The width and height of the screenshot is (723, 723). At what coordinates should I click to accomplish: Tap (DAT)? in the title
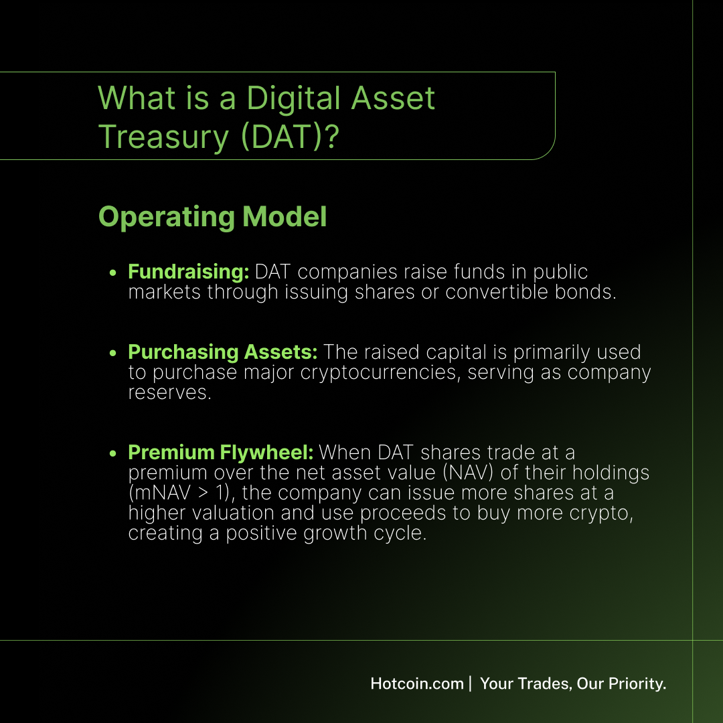click(290, 137)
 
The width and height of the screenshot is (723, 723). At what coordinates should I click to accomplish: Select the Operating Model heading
click(213, 217)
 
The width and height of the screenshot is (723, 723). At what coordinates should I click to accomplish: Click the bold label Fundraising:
click(189, 272)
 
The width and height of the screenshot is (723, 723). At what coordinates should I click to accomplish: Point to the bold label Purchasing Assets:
click(223, 352)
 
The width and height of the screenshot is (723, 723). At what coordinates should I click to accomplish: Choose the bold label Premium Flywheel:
click(221, 453)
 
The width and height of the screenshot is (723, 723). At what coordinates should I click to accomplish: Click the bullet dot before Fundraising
click(113, 272)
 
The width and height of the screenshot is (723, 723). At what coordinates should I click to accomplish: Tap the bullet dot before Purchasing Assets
click(113, 353)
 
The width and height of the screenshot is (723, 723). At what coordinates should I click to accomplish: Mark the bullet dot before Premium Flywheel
click(113, 453)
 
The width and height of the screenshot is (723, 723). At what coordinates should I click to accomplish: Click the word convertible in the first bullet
click(497, 292)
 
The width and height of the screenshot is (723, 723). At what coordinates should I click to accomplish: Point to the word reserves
click(169, 393)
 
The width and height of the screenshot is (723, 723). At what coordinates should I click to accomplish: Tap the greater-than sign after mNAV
click(203, 493)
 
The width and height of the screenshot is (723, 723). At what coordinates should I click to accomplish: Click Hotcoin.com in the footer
click(417, 684)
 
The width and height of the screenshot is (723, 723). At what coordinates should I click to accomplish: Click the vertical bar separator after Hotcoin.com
click(471, 684)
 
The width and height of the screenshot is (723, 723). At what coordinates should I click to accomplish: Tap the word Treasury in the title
click(164, 138)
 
